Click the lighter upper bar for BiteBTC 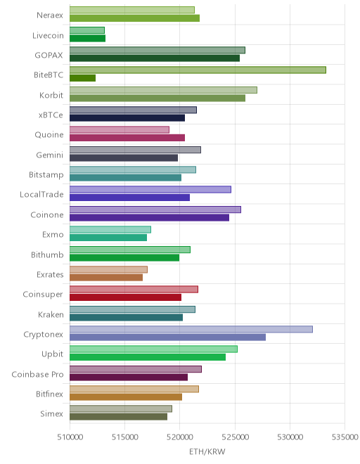point(198,70)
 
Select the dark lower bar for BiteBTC point(82,78)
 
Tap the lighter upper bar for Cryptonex point(191,329)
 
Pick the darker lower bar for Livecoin point(88,38)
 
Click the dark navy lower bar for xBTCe point(127,118)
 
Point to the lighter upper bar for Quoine point(120,129)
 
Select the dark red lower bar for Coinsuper point(126,297)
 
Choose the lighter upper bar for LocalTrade point(150,189)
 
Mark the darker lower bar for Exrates point(106,277)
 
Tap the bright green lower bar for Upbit point(148,357)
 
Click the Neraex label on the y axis point(50,15)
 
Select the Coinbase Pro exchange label point(37,374)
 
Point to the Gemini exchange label point(50,155)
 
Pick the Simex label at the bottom point(51,413)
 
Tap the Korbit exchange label point(51,95)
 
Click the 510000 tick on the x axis point(70,437)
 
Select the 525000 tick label point(236,437)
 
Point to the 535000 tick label point(345,437)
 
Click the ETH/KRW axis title point(207,451)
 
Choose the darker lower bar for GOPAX point(155,58)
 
